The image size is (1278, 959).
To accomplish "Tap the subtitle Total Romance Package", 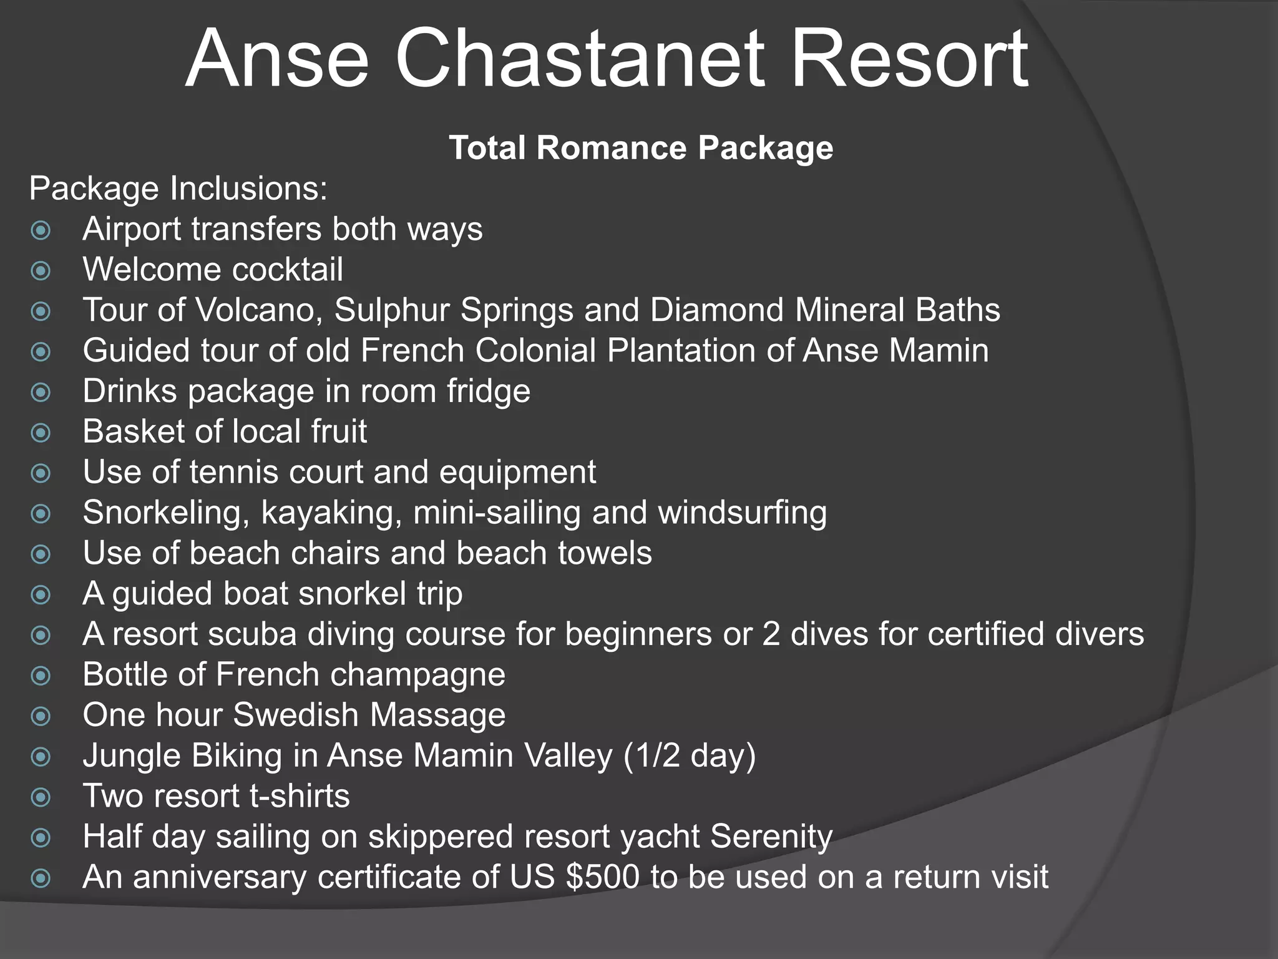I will click(x=641, y=148).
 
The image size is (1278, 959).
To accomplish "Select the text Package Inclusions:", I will click(x=178, y=189).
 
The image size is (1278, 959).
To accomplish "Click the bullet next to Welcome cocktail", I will click(x=41, y=271).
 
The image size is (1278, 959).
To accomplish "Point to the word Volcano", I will click(x=259, y=310).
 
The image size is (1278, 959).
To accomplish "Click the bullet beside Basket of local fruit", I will click(x=41, y=433).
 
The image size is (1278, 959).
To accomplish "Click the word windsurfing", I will click(x=743, y=513).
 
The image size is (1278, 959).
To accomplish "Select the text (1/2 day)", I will click(x=690, y=756).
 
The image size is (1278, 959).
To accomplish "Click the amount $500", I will click(x=603, y=877).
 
